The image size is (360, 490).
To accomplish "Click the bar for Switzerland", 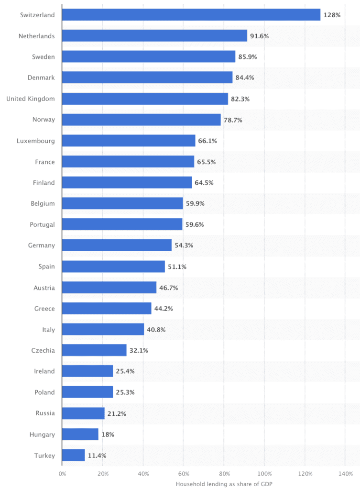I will (191, 15).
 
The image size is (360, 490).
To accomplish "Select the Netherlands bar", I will (154, 36).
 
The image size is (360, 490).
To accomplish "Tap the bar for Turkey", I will (73, 455).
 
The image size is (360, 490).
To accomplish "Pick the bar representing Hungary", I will (80, 434).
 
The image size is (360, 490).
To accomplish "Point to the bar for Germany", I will (117, 245).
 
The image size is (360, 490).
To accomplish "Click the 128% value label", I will (332, 15).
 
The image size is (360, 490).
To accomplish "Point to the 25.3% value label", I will (125, 392).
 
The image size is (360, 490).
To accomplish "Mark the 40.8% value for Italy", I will (156, 329).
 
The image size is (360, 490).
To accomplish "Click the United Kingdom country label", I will (31, 99).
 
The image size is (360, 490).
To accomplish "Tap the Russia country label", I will (45, 413).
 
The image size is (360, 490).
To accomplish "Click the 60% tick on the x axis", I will (183, 474).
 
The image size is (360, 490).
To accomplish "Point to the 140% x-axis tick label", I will (345, 474).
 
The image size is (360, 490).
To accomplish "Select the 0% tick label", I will (62, 474).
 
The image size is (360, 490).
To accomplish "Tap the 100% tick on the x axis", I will (264, 474).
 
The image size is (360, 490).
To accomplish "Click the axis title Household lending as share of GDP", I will (224, 484).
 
